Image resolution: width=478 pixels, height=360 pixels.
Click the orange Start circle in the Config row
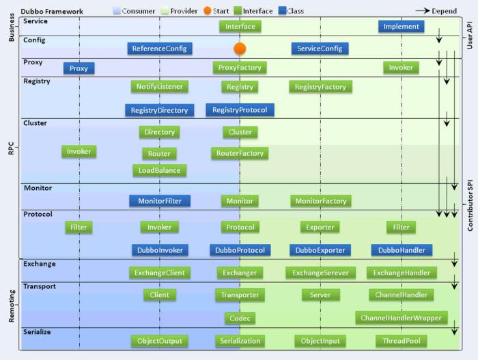(x=240, y=49)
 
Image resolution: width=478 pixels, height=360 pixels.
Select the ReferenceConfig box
(x=160, y=49)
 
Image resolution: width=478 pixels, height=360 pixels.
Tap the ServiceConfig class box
(x=320, y=49)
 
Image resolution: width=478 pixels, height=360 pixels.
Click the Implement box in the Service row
(x=402, y=27)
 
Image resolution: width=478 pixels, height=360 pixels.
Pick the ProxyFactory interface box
(x=240, y=68)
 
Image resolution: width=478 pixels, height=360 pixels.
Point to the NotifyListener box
(x=160, y=87)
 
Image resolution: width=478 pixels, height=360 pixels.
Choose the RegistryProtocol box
(x=240, y=110)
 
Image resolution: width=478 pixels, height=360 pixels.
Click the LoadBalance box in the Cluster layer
(x=160, y=170)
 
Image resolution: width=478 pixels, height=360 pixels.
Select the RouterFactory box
(x=240, y=154)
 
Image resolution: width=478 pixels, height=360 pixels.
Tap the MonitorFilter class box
(x=160, y=201)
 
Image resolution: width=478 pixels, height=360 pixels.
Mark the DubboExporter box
(x=320, y=250)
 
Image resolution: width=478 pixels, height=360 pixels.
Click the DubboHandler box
(x=402, y=250)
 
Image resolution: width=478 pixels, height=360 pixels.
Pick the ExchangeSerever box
(x=320, y=273)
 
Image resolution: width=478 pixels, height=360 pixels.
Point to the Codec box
(x=240, y=318)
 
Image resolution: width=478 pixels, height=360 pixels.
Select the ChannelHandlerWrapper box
(x=402, y=318)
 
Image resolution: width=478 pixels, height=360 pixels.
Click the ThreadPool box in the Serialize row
(x=402, y=340)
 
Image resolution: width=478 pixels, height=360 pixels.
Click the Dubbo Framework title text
(x=52, y=12)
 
